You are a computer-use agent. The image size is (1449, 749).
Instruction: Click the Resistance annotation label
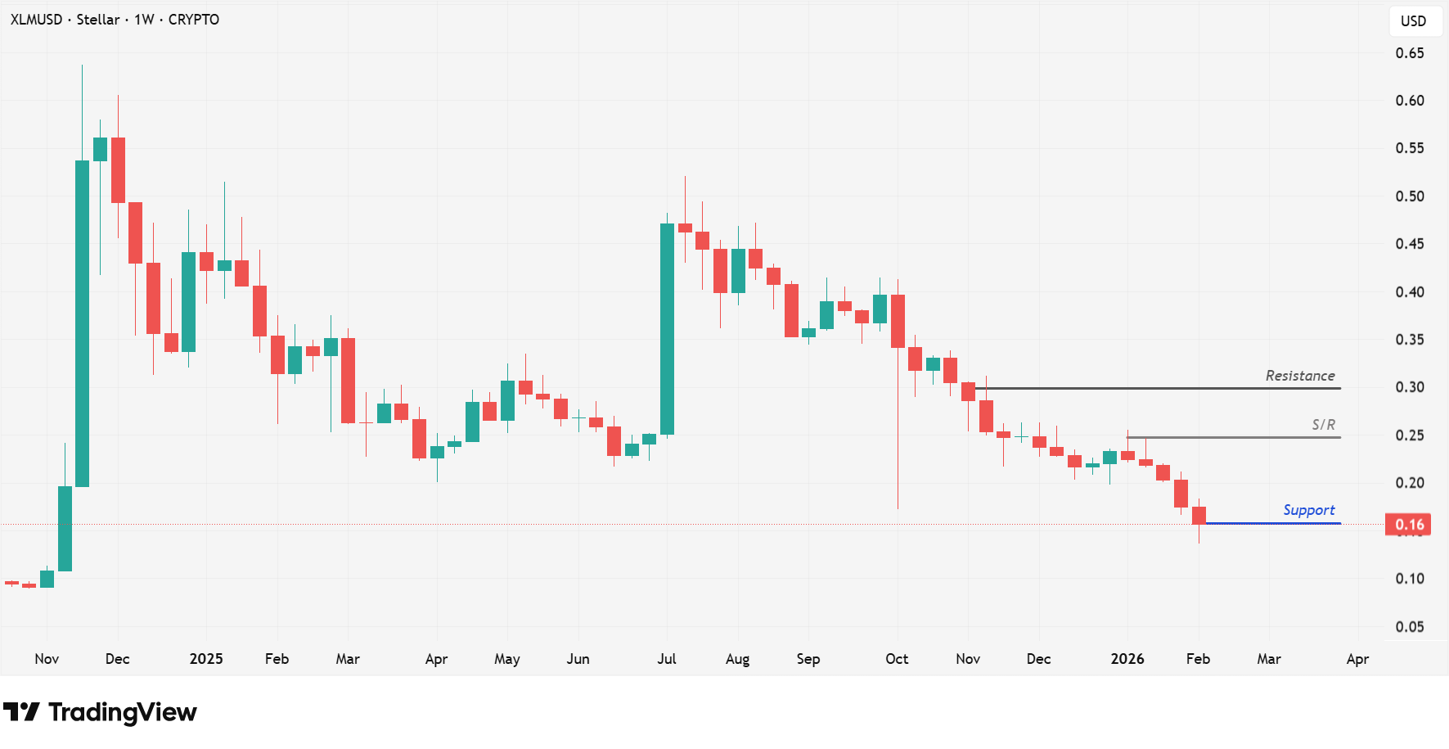(1299, 376)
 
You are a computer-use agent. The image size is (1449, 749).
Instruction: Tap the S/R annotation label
(1323, 425)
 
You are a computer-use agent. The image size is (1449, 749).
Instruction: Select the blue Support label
(1308, 510)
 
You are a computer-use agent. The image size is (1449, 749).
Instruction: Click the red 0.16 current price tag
(1408, 525)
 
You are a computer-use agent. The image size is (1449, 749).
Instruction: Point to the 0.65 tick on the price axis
(1409, 53)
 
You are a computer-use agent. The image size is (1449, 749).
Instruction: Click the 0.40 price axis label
(1409, 292)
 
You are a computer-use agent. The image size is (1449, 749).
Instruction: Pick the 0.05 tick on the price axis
(1409, 627)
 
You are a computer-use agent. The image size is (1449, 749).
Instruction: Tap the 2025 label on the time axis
(206, 659)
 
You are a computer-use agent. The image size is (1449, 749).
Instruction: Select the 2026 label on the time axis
(1127, 659)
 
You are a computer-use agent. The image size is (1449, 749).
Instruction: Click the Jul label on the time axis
(666, 659)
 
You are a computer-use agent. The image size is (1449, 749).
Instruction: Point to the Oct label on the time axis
(897, 659)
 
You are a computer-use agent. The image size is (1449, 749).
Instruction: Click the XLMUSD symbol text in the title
(36, 20)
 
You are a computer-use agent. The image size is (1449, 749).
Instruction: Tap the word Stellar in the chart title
(98, 20)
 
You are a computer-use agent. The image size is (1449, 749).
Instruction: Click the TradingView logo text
(122, 712)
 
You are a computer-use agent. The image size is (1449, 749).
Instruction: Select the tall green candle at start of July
(667, 327)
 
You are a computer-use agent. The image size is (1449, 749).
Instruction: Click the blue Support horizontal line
(1272, 523)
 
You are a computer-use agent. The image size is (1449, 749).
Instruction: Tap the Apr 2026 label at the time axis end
(1357, 659)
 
